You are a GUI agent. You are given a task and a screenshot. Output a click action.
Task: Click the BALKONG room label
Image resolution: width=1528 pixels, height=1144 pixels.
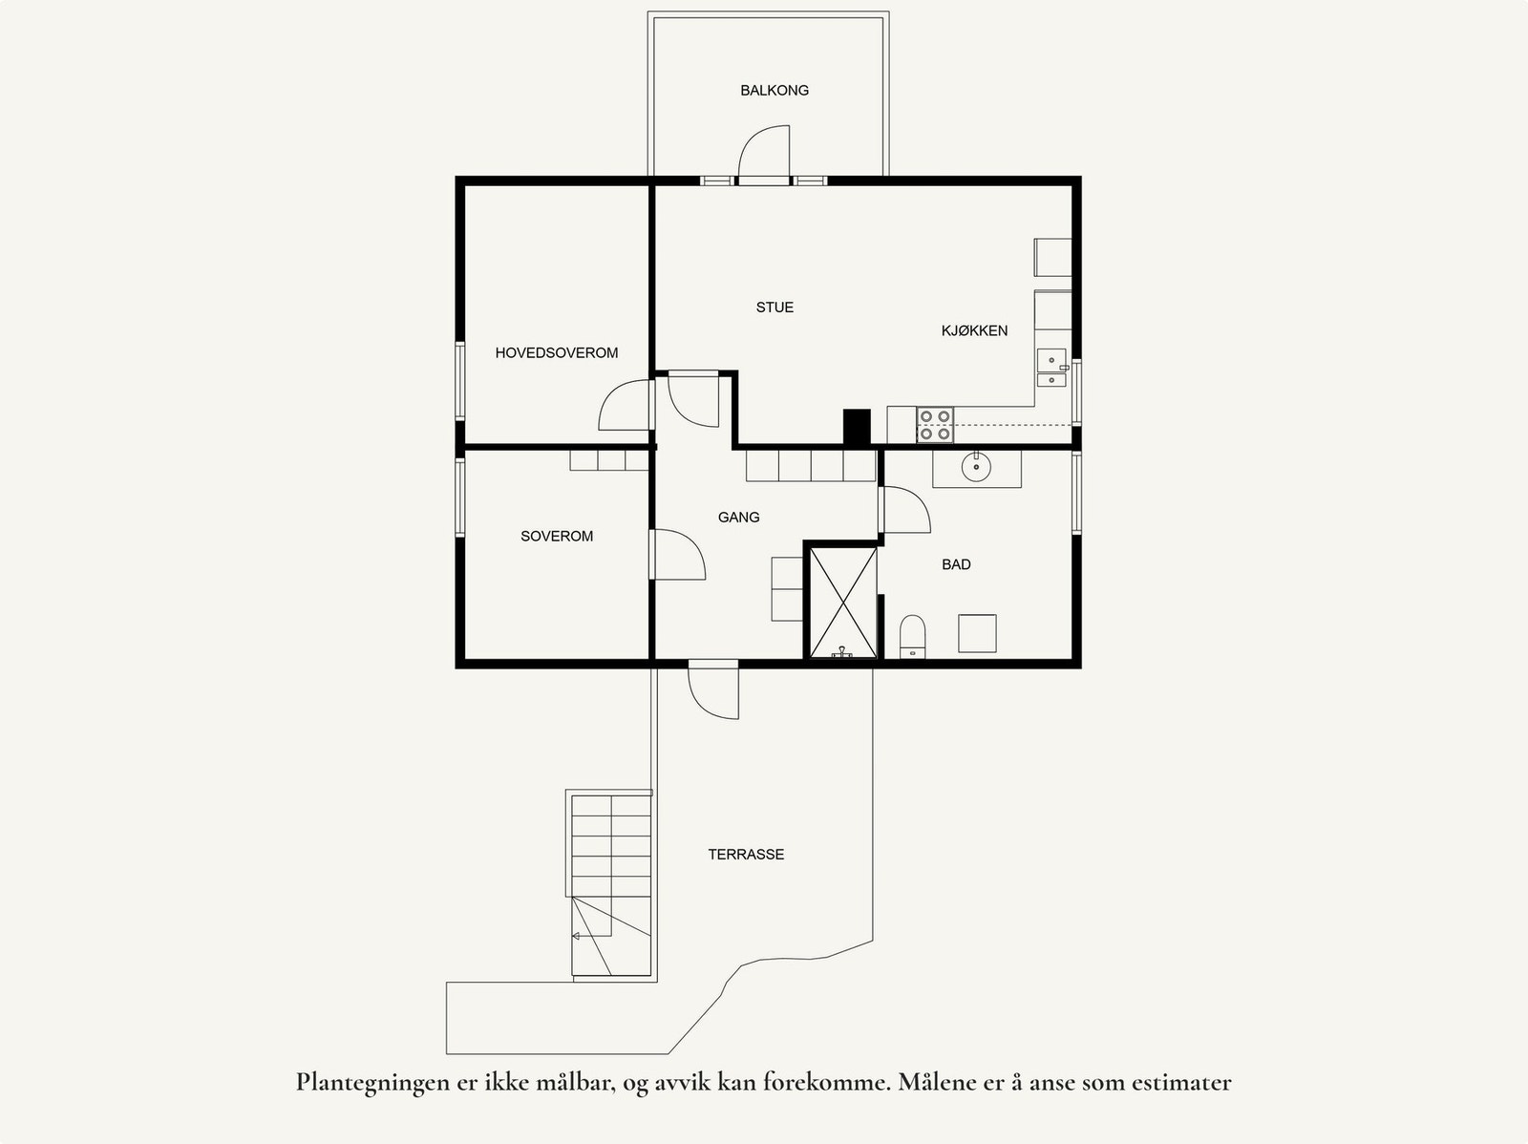tap(775, 91)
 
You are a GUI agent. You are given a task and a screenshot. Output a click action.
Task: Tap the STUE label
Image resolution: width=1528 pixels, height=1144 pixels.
tap(775, 307)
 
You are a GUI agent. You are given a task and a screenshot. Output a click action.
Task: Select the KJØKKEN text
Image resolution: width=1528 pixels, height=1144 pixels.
tap(974, 330)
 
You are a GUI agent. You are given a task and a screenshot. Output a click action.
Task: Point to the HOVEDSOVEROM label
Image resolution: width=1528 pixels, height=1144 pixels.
tap(556, 353)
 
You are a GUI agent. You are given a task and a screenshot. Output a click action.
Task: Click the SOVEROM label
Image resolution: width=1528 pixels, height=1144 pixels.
tap(557, 537)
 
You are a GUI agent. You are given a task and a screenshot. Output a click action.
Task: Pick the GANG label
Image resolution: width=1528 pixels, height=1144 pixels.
tap(738, 518)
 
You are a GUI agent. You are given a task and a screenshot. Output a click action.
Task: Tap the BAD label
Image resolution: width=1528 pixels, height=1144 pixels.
tap(956, 564)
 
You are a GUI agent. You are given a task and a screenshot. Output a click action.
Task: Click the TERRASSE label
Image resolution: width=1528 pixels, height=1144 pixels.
tap(746, 855)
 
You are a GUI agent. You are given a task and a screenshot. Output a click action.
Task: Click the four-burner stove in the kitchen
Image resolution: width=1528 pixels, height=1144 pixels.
tap(935, 425)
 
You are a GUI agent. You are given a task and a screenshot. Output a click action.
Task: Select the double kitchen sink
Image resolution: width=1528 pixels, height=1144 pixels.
tap(1051, 369)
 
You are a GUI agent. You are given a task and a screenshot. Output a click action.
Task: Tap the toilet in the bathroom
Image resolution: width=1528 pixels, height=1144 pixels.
tap(913, 637)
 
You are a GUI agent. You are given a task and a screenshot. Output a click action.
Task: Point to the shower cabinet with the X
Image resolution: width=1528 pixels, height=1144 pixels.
tap(842, 602)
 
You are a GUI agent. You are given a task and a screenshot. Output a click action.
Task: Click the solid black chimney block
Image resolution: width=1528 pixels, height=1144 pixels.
tap(857, 427)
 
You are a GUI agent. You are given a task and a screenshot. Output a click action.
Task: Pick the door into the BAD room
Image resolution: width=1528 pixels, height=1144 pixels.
tap(903, 510)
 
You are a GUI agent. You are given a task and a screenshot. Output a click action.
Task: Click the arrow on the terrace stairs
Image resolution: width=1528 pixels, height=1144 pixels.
tap(577, 937)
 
